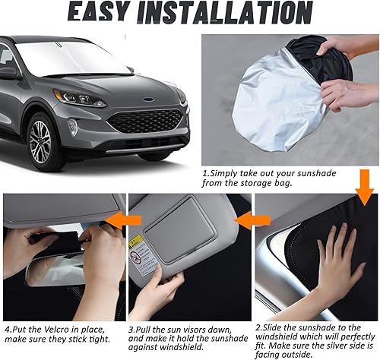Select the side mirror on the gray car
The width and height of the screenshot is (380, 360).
pyautogui.click(x=10, y=72)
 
